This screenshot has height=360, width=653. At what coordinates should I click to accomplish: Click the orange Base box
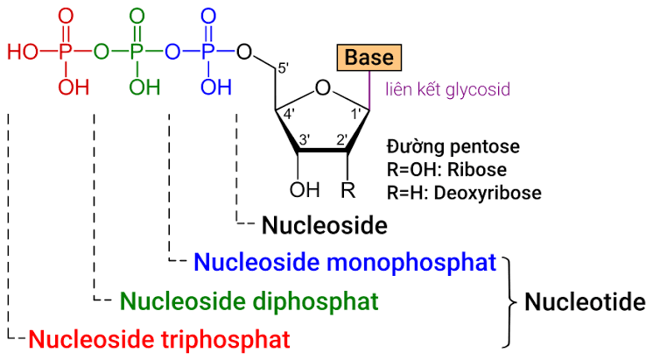tap(369, 58)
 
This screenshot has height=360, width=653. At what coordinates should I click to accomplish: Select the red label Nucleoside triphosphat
tap(158, 338)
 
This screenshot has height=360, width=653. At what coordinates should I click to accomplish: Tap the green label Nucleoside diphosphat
tap(249, 301)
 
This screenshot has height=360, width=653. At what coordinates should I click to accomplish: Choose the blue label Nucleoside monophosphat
tap(345, 262)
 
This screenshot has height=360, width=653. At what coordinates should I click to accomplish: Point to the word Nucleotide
tap(585, 303)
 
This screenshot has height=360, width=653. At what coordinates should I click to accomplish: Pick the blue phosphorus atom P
tap(208, 52)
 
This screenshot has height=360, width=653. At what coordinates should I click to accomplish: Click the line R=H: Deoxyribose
tap(463, 192)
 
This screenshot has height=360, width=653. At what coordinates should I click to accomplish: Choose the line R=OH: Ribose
tap(446, 169)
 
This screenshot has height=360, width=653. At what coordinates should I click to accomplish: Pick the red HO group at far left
tap(24, 52)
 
